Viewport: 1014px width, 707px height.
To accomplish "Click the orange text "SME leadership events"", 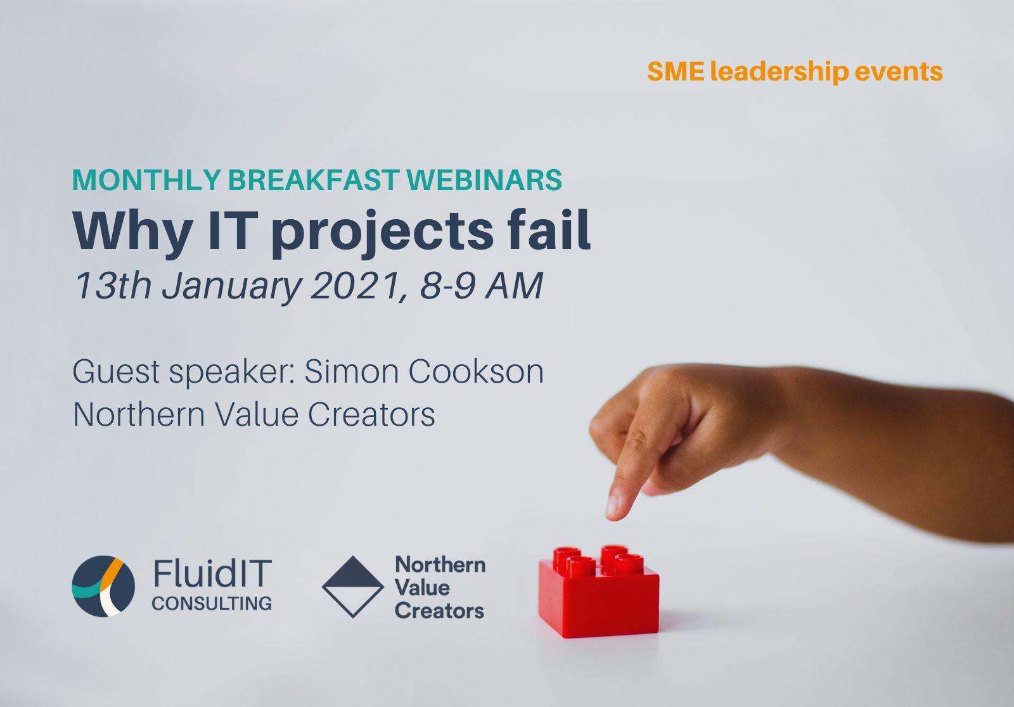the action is pos(795,72).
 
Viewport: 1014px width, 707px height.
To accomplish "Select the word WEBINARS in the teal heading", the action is pos(484,180).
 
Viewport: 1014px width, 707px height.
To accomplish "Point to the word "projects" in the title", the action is pos(383,234).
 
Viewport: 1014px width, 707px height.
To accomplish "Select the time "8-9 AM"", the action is pos(482,286).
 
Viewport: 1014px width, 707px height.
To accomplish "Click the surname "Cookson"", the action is pos(476,372).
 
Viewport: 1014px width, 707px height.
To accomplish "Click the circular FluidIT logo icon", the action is pos(104,586).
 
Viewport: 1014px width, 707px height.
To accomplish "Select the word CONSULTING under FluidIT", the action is pos(212,603).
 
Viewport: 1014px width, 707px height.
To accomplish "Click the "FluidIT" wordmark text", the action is pos(212,573).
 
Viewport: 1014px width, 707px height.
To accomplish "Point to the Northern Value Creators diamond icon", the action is pos(352,587).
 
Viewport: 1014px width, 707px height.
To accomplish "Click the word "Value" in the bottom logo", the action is pos(422,587).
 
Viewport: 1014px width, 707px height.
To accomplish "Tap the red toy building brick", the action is pos(599,592).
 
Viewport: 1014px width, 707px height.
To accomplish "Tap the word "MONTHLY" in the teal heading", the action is pos(146,180).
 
